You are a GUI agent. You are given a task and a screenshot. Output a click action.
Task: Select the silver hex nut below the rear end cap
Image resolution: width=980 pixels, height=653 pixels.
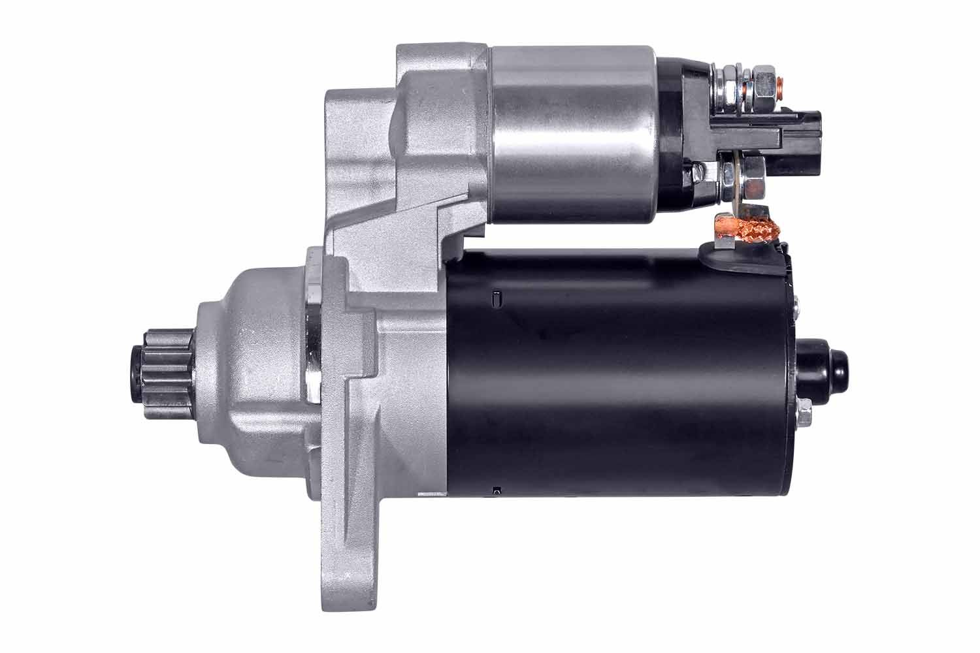[x=805, y=414]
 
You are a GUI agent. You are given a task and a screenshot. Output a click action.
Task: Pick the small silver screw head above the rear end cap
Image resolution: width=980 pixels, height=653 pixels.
[x=798, y=306]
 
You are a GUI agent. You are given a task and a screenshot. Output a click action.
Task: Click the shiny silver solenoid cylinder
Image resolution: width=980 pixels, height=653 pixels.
[x=572, y=134]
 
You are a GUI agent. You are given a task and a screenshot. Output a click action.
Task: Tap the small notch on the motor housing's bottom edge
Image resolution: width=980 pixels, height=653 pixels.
[x=497, y=489]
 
